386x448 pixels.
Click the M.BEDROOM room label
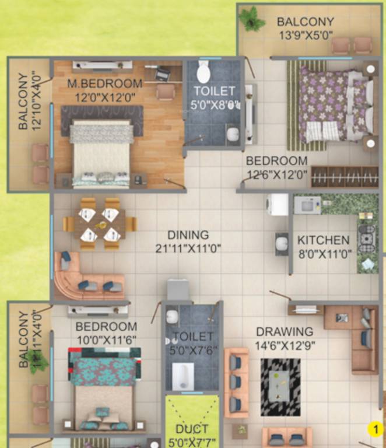(104, 83)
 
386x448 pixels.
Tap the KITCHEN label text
(324, 240)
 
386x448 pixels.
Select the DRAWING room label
(285, 332)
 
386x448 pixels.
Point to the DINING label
(188, 235)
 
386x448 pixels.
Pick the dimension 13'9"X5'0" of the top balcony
(305, 35)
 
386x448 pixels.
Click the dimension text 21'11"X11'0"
(188, 249)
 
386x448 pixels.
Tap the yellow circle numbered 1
(376, 430)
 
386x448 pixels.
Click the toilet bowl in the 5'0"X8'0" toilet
(203, 73)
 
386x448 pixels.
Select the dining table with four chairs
(100, 224)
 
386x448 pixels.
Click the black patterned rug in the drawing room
(280, 387)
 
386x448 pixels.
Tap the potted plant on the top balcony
(252, 19)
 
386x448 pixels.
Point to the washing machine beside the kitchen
(278, 205)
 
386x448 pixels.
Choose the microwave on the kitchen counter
(307, 204)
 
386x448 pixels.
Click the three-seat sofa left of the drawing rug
(236, 382)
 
